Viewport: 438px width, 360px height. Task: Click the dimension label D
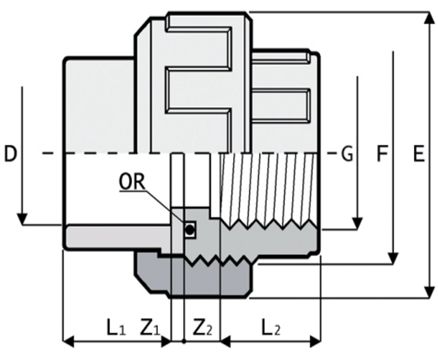[10, 154]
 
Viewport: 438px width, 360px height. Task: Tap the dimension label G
[347, 154]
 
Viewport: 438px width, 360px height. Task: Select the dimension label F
[382, 154]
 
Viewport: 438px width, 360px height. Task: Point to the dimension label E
[418, 154]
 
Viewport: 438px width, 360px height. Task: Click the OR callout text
[132, 182]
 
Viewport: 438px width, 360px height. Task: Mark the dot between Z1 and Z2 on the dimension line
[183, 342]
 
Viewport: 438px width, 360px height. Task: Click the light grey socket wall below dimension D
[114, 236]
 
